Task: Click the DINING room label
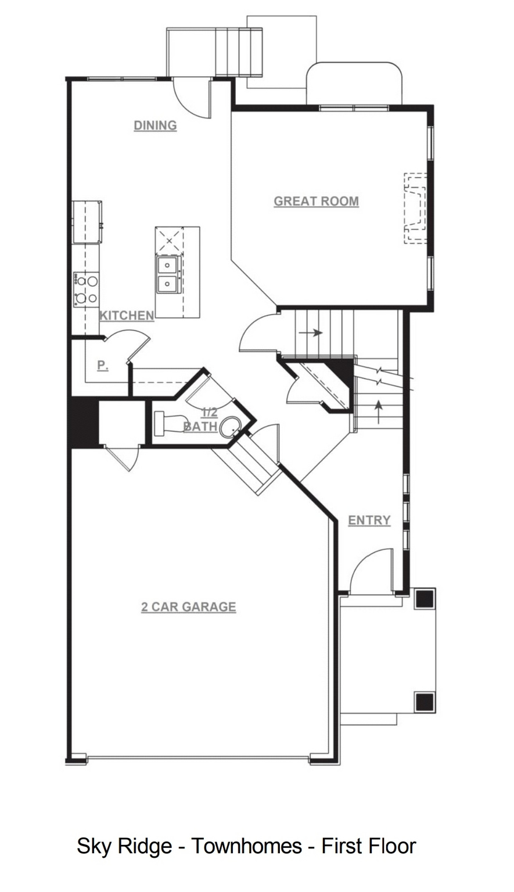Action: coord(155,126)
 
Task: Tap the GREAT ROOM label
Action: coord(316,202)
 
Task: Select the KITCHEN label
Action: coord(127,316)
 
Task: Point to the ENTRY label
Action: coord(369,520)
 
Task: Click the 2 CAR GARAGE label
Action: coord(189,607)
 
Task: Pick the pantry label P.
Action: coord(103,365)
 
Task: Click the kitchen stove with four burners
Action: coord(86,289)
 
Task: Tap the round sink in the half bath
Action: coord(230,427)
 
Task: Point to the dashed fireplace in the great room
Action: coord(415,208)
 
